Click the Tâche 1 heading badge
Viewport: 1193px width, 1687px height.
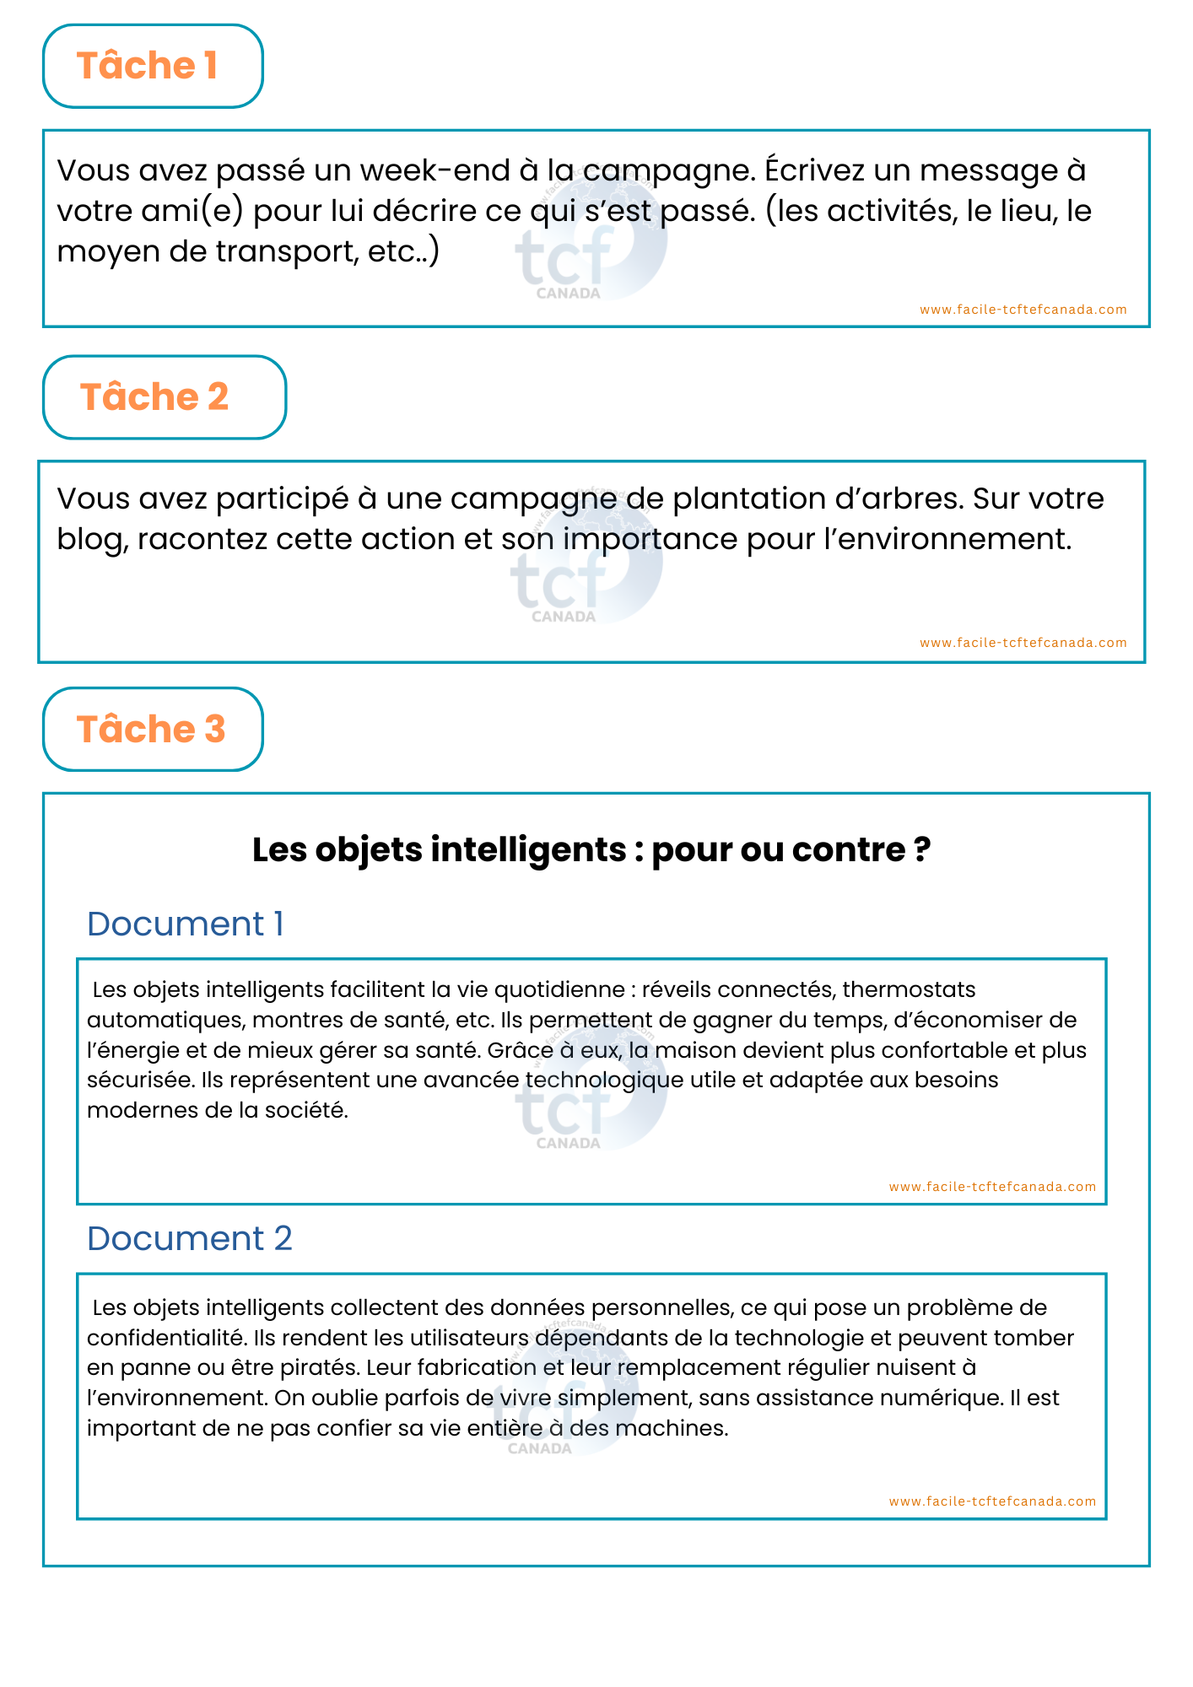coord(152,66)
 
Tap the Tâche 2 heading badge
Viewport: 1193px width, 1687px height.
coord(164,397)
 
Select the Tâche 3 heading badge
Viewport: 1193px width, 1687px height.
coord(152,730)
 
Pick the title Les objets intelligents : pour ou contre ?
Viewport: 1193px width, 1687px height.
coord(591,849)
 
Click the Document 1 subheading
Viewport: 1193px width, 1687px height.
coord(185,924)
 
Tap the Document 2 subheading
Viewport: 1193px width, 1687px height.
coord(190,1239)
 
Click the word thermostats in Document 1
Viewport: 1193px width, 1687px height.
coord(909,989)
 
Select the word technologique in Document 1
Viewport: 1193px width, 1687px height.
coord(604,1081)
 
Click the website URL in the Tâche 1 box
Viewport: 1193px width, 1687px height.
coord(1023,310)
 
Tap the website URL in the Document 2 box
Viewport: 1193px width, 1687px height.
coord(992,1501)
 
